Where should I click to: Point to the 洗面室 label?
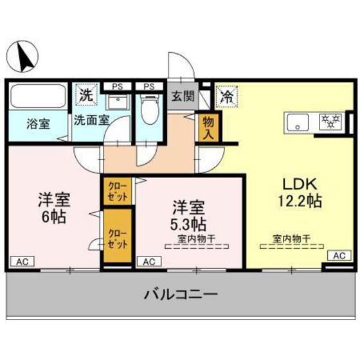click(92, 120)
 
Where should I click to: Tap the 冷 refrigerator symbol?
click(226, 97)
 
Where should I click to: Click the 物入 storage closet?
click(208, 127)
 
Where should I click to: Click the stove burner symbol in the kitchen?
click(331, 121)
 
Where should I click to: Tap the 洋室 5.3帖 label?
click(188, 215)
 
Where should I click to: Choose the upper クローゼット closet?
click(118, 190)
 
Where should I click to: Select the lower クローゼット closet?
click(118, 238)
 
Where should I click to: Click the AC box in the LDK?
click(339, 256)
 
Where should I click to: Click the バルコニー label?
click(180, 294)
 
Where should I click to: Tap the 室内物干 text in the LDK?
click(291, 239)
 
